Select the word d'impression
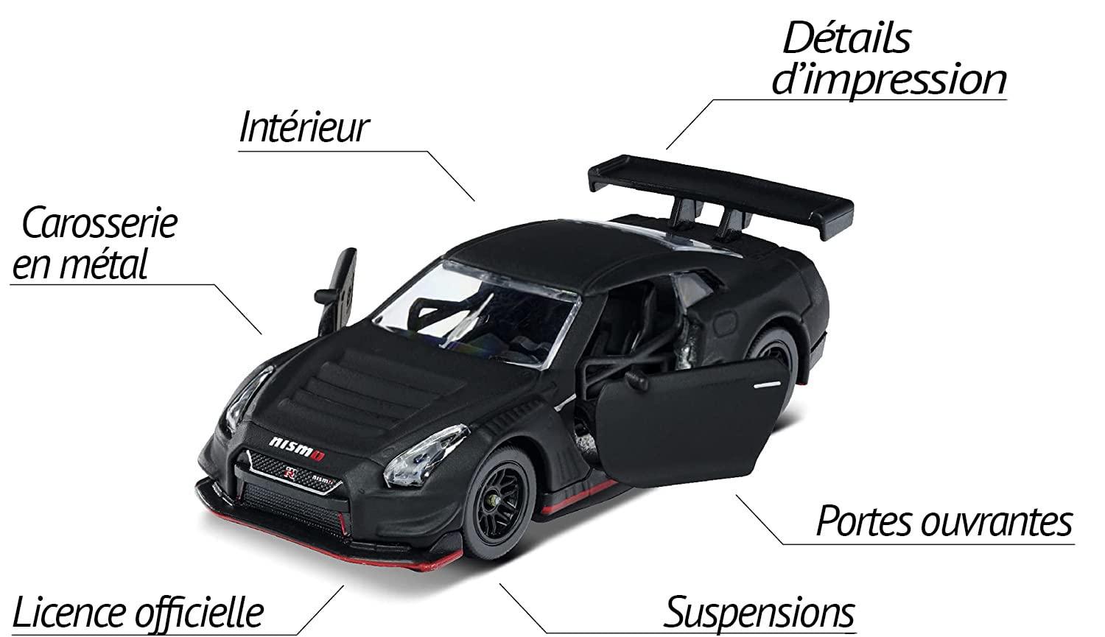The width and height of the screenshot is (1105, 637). tap(888, 81)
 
